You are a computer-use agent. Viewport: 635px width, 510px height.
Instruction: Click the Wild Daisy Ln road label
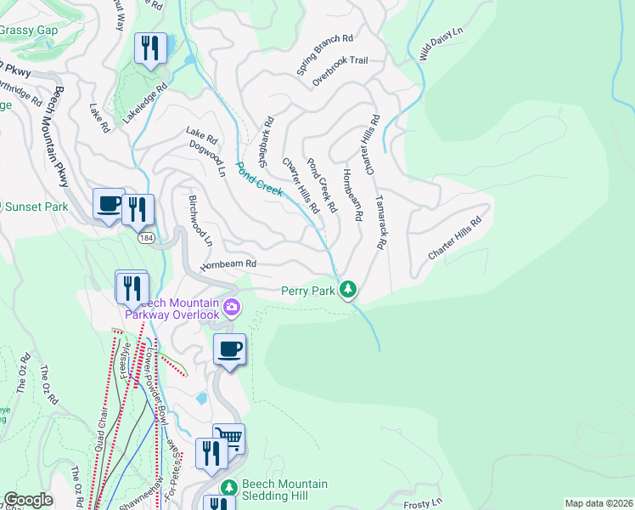[441, 43]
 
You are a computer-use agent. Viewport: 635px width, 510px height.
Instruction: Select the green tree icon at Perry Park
[347, 291]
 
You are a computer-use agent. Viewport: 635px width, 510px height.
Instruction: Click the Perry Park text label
[308, 292]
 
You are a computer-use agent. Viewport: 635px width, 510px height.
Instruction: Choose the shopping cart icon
[228, 439]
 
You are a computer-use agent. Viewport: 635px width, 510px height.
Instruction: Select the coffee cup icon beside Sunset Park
[109, 204]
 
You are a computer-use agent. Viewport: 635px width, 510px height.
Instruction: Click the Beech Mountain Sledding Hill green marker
[227, 489]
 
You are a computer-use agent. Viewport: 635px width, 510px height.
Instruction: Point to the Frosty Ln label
[424, 504]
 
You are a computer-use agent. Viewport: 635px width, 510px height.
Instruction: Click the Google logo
[29, 500]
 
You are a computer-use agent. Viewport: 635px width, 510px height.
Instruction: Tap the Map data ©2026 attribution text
[598, 503]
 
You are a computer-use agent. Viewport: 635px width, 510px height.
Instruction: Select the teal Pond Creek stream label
[259, 179]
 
